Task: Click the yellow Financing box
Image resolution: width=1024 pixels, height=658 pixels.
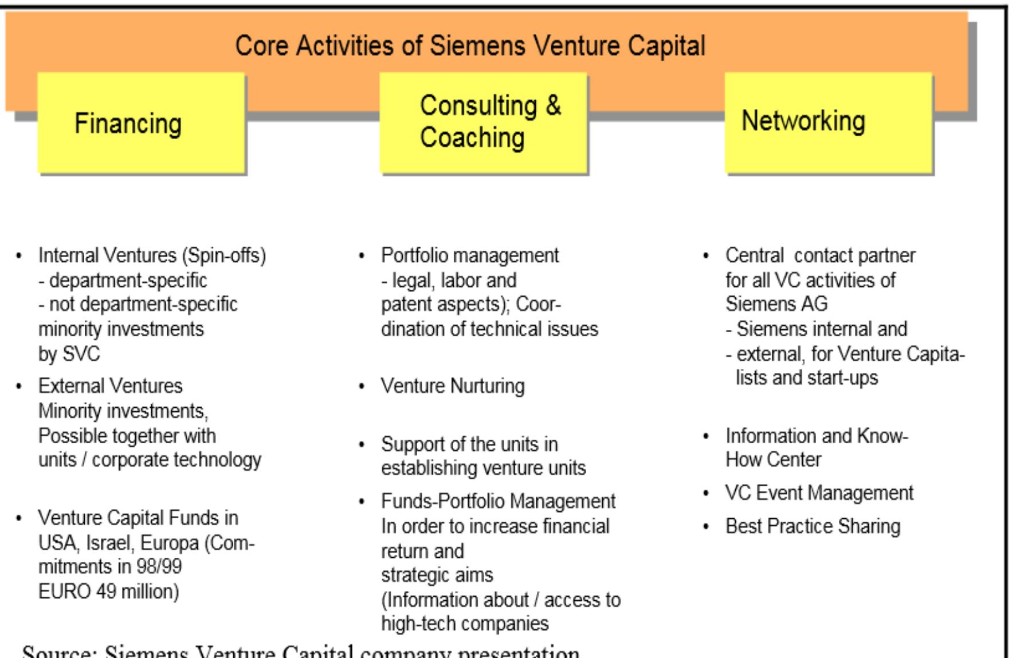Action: pyautogui.click(x=141, y=123)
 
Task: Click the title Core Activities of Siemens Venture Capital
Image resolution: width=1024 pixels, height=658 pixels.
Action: pyautogui.click(x=470, y=46)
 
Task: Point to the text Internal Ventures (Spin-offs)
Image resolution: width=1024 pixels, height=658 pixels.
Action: pyautogui.click(x=152, y=255)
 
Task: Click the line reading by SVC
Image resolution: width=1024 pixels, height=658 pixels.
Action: pyautogui.click(x=69, y=354)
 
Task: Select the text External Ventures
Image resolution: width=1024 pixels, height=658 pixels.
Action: pyautogui.click(x=110, y=386)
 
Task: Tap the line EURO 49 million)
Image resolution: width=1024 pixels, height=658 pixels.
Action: pyautogui.click(x=109, y=591)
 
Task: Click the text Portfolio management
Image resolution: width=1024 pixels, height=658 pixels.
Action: pyautogui.click(x=470, y=255)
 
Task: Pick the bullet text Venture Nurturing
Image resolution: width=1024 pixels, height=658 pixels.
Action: pyautogui.click(x=453, y=386)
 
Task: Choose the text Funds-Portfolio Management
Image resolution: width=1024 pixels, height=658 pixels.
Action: pyautogui.click(x=498, y=502)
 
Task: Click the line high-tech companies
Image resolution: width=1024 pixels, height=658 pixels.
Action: pyautogui.click(x=465, y=623)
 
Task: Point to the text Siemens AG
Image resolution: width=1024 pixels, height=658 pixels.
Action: pyautogui.click(x=776, y=304)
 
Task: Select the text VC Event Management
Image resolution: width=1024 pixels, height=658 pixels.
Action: pyautogui.click(x=819, y=493)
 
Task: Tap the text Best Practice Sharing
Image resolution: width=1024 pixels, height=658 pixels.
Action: pyautogui.click(x=813, y=526)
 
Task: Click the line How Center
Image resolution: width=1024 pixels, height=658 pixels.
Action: pyautogui.click(x=773, y=459)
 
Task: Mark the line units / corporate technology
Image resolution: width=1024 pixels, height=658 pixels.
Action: pyautogui.click(x=150, y=460)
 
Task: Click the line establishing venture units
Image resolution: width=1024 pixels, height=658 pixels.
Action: pyautogui.click(x=484, y=468)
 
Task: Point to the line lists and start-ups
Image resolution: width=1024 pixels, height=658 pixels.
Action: pyautogui.click(x=807, y=378)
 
